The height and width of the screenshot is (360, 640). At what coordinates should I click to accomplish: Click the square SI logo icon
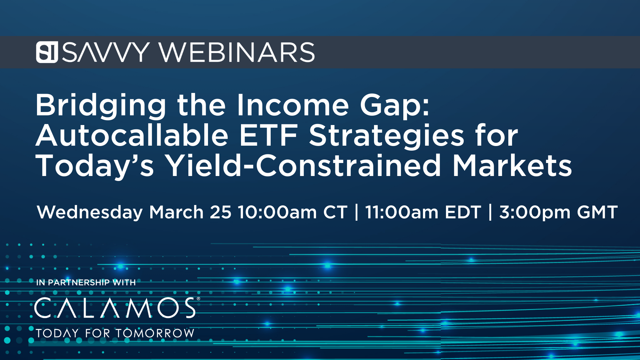point(47,52)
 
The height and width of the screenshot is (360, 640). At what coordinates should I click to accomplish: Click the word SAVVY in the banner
point(106,52)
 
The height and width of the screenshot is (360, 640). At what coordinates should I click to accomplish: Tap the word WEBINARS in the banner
point(237,52)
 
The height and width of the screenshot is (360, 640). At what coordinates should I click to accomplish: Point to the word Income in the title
point(293,105)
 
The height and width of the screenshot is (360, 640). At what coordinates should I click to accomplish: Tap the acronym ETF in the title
point(268,135)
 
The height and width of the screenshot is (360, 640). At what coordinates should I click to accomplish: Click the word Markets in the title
point(512,165)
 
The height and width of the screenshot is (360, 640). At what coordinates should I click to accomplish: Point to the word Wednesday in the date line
point(90,212)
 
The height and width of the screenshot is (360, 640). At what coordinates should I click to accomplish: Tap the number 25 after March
point(221,212)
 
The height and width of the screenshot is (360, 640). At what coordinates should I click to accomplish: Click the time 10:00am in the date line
point(277,212)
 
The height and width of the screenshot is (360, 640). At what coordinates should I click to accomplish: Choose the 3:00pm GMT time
point(558,212)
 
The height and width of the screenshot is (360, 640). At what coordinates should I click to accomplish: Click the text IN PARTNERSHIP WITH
point(86,283)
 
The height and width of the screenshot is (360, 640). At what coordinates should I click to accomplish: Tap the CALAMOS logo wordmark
point(115,308)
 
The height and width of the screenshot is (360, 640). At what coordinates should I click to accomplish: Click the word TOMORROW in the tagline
point(155,333)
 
